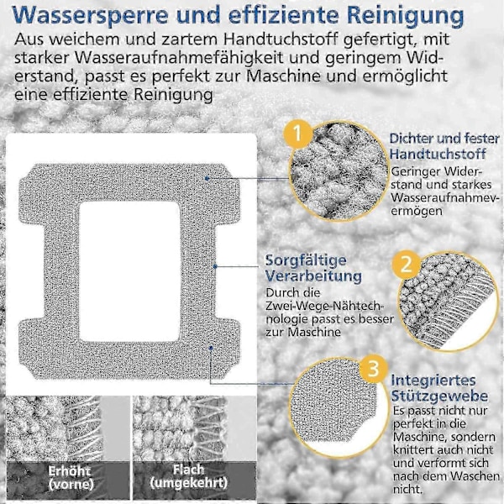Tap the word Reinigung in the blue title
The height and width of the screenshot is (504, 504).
pyautogui.click(x=406, y=16)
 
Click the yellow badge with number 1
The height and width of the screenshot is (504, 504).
pyautogui.click(x=298, y=134)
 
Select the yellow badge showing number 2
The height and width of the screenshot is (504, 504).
pyautogui.click(x=407, y=265)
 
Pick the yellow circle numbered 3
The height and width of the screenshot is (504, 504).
pyautogui.click(x=373, y=369)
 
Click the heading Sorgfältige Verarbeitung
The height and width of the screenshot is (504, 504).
pyautogui.click(x=313, y=268)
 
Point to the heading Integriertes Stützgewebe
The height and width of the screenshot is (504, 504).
pyautogui.click(x=439, y=388)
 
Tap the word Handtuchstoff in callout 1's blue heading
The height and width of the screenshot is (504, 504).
pyautogui.click(x=438, y=154)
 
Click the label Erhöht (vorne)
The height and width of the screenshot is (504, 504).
pyautogui.click(x=71, y=477)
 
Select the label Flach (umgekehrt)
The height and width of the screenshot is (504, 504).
pyautogui.click(x=189, y=476)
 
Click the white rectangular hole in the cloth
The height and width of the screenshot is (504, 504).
pyautogui.click(x=130, y=271)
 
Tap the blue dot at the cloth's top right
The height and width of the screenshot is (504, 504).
pyautogui.click(x=207, y=178)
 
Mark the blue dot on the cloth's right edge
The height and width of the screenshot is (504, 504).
pyautogui.click(x=215, y=266)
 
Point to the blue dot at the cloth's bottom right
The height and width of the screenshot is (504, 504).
pyautogui.click(x=211, y=348)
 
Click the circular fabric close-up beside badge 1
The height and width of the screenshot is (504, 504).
pyautogui.click(x=339, y=171)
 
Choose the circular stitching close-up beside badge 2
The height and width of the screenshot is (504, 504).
pyautogui.click(x=448, y=302)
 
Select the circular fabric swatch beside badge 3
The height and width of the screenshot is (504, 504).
pyautogui.click(x=339, y=407)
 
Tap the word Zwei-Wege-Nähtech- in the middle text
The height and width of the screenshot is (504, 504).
pyautogui.click(x=324, y=306)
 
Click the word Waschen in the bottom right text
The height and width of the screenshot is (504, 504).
pyautogui.click(x=469, y=476)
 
